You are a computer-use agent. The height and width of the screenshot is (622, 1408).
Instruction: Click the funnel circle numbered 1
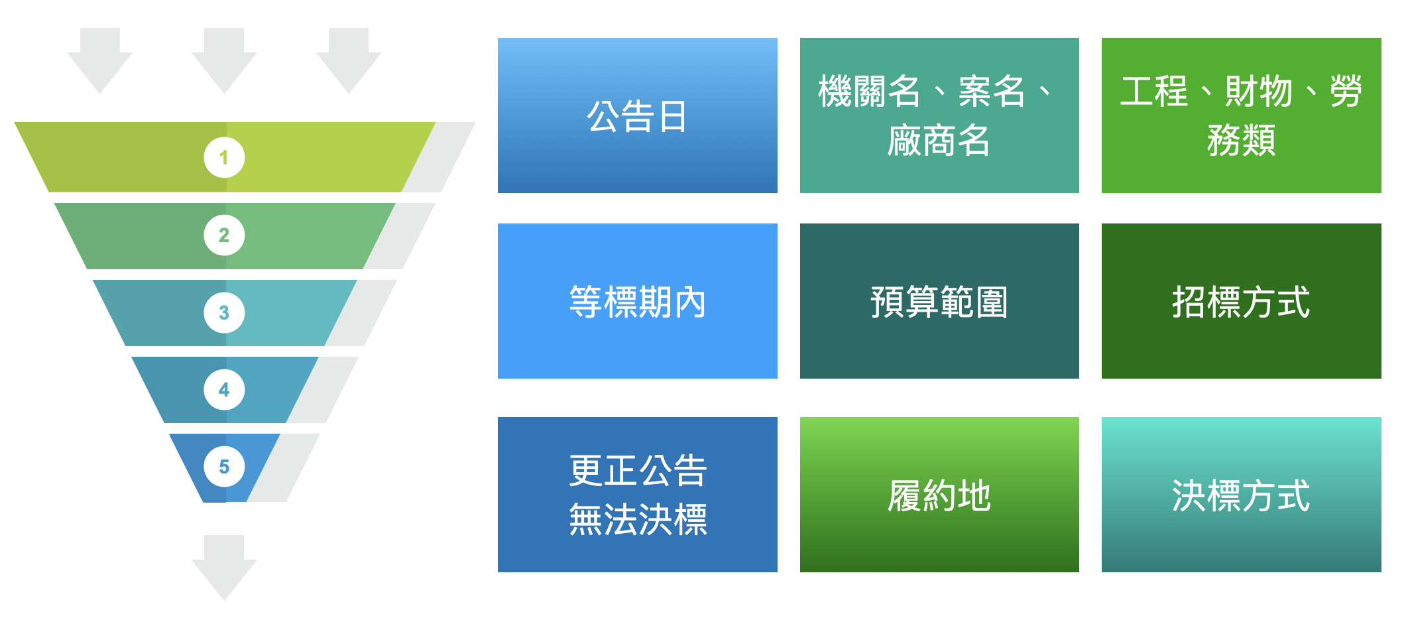click(x=224, y=157)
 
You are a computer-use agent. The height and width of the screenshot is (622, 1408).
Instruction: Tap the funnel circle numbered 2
click(x=224, y=235)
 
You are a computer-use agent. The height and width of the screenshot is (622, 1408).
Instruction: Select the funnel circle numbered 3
click(x=224, y=312)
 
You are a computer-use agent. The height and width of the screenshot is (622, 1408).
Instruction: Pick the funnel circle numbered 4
click(x=224, y=389)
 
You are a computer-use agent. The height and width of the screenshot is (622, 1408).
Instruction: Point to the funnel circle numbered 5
click(x=224, y=467)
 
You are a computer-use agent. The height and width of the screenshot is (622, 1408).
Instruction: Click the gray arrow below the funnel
click(x=224, y=568)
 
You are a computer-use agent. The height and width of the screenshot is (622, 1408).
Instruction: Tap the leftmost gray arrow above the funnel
click(x=99, y=60)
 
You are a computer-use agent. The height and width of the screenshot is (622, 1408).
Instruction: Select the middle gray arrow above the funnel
click(x=224, y=60)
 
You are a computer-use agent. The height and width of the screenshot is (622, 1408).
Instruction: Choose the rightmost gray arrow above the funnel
click(x=349, y=60)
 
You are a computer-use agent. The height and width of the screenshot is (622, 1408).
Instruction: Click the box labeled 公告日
click(x=637, y=115)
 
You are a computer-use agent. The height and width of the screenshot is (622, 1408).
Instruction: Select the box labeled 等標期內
click(x=637, y=301)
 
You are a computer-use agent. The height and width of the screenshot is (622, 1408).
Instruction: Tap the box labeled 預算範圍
click(x=939, y=301)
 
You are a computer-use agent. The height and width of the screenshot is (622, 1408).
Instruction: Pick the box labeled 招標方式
click(x=1242, y=301)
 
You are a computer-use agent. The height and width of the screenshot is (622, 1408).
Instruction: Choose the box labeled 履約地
click(x=939, y=495)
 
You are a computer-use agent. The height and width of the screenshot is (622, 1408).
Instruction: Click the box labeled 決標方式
click(x=1242, y=495)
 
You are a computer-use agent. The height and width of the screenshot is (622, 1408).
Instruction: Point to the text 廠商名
click(x=939, y=141)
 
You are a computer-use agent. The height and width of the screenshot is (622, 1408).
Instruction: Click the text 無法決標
click(x=638, y=519)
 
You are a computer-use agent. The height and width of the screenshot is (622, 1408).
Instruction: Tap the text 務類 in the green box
click(x=1241, y=141)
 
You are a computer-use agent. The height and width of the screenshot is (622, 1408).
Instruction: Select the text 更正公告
click(x=638, y=470)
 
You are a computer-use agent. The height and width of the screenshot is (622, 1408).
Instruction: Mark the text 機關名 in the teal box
click(x=869, y=91)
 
